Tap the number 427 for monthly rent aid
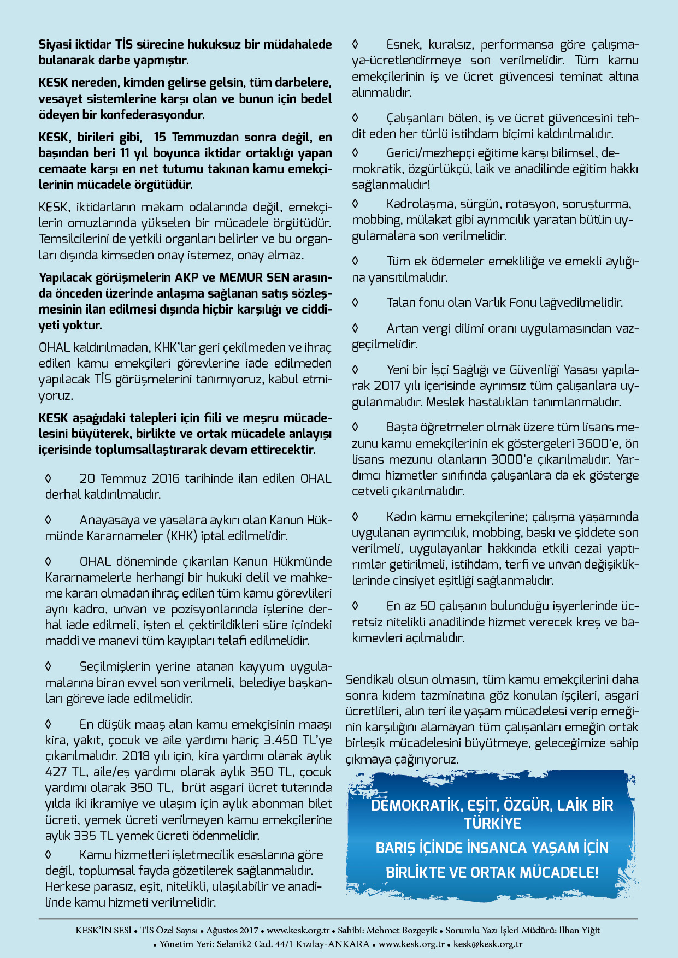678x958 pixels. coord(56,772)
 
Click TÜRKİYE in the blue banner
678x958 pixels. coord(492,823)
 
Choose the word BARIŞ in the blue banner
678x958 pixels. coord(396,848)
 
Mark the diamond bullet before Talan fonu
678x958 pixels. coord(355,302)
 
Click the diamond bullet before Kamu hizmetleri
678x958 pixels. coord(48,854)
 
